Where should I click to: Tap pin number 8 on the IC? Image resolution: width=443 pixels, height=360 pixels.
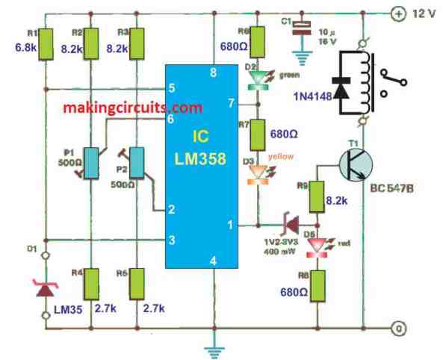(214, 72)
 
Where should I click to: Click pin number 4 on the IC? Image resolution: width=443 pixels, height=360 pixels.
(214, 261)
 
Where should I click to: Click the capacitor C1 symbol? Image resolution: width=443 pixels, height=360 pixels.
(301, 26)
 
